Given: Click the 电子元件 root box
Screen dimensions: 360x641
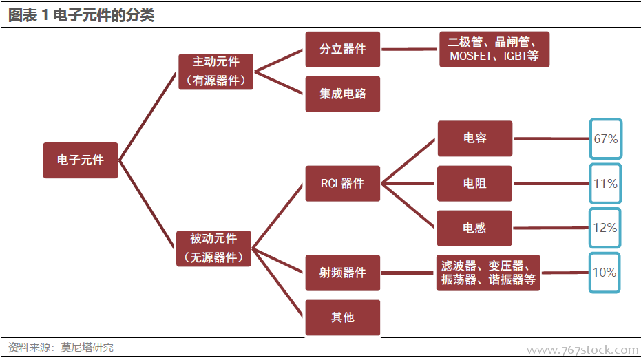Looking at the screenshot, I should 81,160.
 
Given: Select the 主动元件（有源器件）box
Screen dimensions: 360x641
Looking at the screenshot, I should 215,72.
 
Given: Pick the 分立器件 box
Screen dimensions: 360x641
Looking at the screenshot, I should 342,50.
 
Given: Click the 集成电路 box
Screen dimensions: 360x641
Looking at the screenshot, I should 342,94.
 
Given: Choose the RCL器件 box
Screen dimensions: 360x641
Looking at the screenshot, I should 342,183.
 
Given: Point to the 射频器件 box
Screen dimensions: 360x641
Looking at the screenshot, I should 342,273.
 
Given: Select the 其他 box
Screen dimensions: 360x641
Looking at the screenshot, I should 342,317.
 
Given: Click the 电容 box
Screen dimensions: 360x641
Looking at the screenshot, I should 474,138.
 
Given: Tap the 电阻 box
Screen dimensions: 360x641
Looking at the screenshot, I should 474,183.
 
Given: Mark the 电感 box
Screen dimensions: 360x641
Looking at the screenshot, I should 474,228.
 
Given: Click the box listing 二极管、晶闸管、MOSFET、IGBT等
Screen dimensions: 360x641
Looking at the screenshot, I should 494,50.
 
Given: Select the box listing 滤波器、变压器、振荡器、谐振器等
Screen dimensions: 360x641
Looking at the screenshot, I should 488,273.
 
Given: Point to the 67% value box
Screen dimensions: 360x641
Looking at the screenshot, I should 605,138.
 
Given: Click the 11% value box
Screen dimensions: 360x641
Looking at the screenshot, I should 605,184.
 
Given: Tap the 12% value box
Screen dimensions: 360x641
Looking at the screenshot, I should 605,228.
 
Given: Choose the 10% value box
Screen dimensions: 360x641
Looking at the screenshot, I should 605,273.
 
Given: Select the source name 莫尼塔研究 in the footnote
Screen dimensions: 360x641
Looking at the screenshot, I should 87,348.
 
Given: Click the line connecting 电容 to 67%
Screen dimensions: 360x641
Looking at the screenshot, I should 551,138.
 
